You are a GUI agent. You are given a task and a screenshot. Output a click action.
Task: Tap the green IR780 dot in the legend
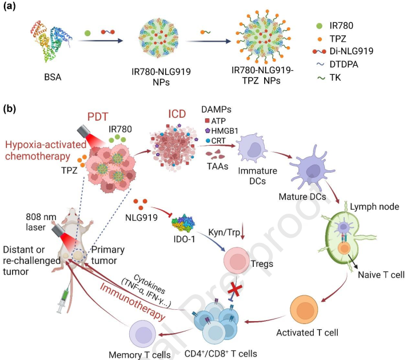[320, 26]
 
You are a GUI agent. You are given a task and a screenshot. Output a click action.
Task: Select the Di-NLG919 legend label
[352, 51]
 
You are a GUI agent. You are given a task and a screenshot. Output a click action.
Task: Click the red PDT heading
[98, 117]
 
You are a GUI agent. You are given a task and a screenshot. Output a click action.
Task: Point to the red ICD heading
[177, 114]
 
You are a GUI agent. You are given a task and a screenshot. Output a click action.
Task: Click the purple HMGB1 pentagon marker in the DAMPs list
[208, 130]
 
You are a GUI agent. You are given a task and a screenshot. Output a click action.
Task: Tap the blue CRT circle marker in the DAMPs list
[208, 141]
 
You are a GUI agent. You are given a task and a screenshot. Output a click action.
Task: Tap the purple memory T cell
[142, 333]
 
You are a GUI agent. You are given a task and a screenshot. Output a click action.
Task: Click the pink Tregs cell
[237, 261]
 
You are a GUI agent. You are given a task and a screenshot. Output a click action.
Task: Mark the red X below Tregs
[234, 291]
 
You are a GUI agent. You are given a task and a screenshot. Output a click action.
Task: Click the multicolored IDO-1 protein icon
[183, 223]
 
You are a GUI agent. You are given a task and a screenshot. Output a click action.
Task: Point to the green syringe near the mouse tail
[64, 298]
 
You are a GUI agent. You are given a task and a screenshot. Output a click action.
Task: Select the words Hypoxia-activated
[46, 145]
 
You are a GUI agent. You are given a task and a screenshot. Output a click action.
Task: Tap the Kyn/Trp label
[224, 233]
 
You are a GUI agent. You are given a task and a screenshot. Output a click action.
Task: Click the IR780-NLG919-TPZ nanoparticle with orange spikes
[262, 37]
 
